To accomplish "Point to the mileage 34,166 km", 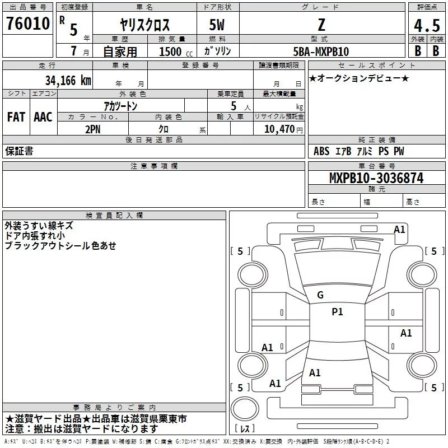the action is pyautogui.click(x=68, y=80).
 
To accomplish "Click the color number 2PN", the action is pyautogui.click(x=93, y=128).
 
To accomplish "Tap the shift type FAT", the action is pyautogui.click(x=16, y=117).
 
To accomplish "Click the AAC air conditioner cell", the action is pyautogui.click(x=43, y=117).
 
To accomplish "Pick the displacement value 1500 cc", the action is pyautogui.click(x=170, y=52).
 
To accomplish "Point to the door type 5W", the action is pyautogui.click(x=217, y=25).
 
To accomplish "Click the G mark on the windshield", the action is pyautogui.click(x=320, y=295).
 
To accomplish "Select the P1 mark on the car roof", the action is pyautogui.click(x=337, y=312).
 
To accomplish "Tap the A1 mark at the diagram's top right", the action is pyautogui.click(x=399, y=229).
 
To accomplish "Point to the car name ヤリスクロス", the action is pyautogui.click(x=145, y=25).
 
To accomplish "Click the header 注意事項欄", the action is pyautogui.click(x=153, y=166).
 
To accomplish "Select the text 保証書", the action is pyautogui.click(x=19, y=151).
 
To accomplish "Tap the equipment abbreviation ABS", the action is pyautogui.click(x=321, y=151).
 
